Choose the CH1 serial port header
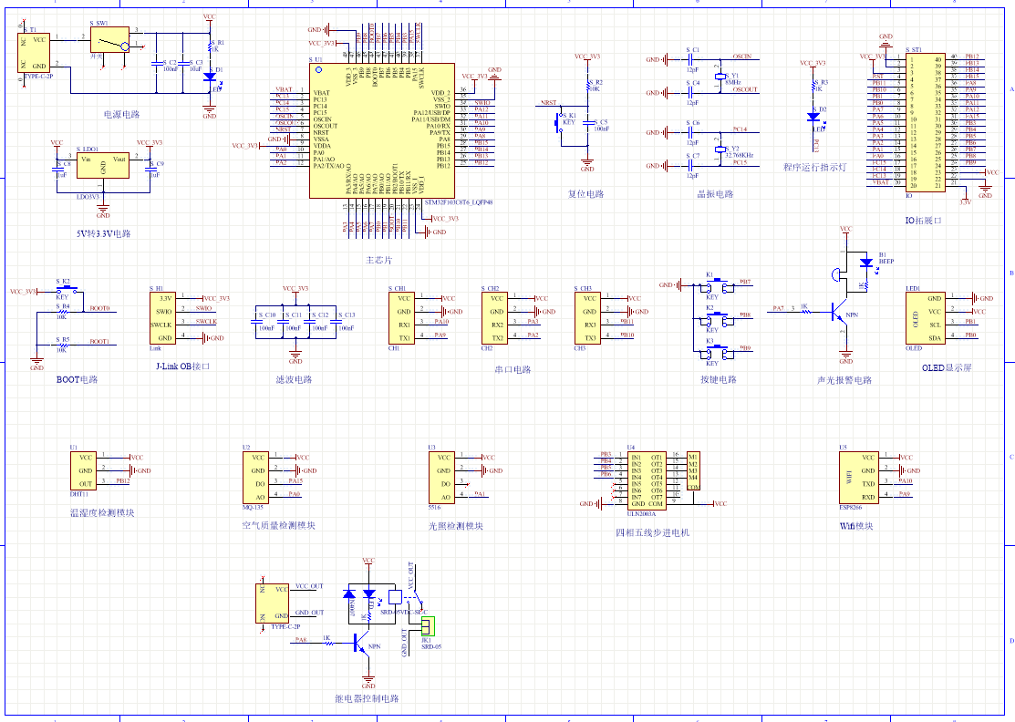point(405,318)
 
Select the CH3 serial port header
point(589,318)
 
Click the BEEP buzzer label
point(886,262)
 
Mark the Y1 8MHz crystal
point(720,79)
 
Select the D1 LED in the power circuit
point(210,76)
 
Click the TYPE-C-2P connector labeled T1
point(37,53)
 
